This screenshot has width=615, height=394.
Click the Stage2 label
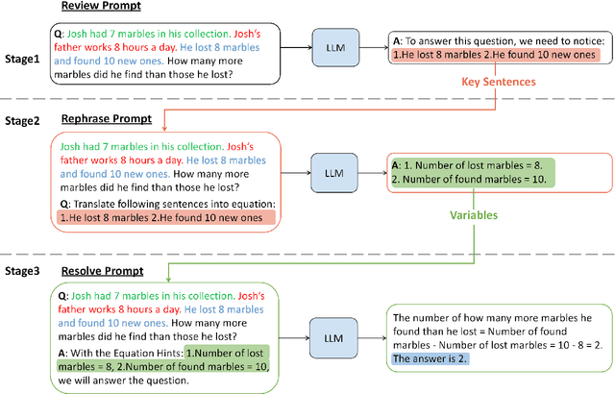pyautogui.click(x=21, y=120)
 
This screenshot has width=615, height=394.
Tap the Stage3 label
pyautogui.click(x=21, y=272)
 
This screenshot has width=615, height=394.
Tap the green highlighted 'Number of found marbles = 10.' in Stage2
pyautogui.click(x=456, y=180)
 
